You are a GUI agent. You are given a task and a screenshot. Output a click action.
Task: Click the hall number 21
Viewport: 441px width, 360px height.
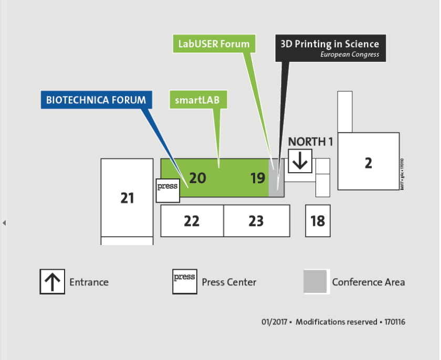[x=127, y=198]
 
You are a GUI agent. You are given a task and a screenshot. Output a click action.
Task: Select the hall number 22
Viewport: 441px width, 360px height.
[x=192, y=221]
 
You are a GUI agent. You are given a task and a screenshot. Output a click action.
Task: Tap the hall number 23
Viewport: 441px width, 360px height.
[x=256, y=221]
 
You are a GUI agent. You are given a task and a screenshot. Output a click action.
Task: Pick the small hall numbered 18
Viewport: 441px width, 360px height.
[x=318, y=221]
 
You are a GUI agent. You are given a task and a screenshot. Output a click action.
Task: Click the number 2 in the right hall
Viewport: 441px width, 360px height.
[x=368, y=163]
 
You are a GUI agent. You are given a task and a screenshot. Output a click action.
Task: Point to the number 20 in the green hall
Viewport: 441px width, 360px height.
[x=197, y=178]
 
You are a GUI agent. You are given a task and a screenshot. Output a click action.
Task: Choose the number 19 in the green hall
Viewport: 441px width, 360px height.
[x=257, y=178]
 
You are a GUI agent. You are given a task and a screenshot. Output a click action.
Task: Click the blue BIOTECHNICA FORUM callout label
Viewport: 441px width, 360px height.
[x=96, y=100]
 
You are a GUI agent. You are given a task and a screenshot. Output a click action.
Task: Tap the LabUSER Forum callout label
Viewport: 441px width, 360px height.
[x=214, y=44]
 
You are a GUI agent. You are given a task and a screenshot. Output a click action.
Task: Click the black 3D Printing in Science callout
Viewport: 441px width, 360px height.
[x=330, y=47]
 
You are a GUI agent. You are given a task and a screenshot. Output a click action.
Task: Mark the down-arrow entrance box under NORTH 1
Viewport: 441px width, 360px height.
[x=300, y=161]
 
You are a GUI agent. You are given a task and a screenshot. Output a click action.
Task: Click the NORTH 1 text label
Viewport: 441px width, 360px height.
[x=311, y=142]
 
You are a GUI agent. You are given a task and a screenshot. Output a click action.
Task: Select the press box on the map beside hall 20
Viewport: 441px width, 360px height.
[x=168, y=190]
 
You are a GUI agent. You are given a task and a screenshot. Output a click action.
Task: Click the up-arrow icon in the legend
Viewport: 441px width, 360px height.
[x=52, y=281]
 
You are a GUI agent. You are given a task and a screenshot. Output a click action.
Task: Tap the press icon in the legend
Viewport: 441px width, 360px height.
[x=184, y=281]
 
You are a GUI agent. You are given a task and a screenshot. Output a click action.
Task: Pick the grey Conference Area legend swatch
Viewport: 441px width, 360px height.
[x=317, y=281]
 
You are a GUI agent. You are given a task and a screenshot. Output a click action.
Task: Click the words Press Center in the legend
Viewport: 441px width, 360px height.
[x=229, y=282]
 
